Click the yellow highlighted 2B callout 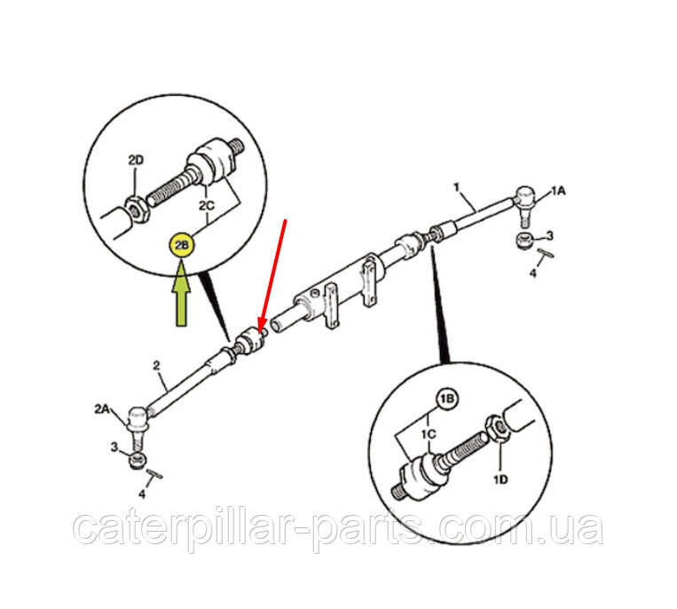[182, 245]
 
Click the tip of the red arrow [259, 331]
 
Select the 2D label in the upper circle [136, 161]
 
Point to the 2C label [207, 206]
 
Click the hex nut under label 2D [138, 210]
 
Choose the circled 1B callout [446, 399]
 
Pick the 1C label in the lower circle [429, 433]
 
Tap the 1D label [500, 479]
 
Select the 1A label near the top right [557, 191]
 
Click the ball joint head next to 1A [525, 197]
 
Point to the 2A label [102, 408]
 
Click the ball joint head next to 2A [138, 418]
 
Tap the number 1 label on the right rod [456, 187]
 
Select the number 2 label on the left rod [156, 366]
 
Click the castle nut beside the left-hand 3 [138, 461]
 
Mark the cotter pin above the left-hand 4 [154, 474]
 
